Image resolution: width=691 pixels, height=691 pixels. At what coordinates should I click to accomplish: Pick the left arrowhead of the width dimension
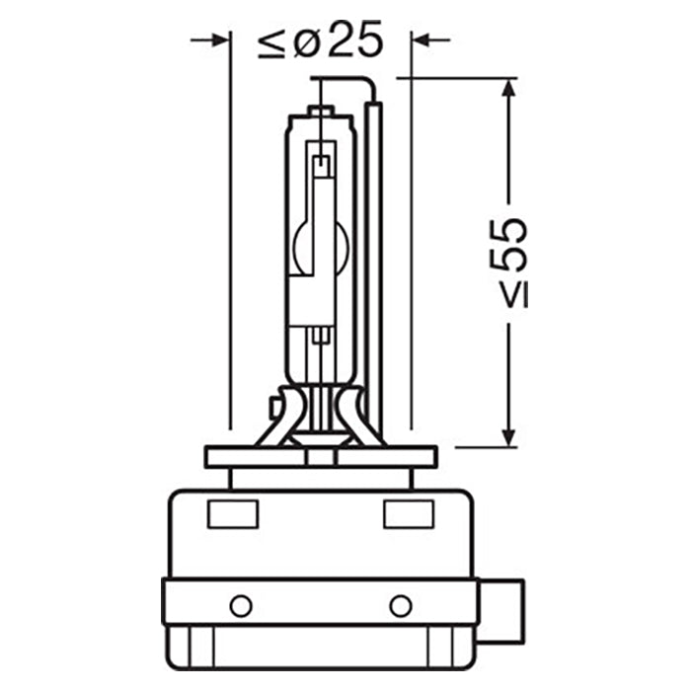[x=218, y=39]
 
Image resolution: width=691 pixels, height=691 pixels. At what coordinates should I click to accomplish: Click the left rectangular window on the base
[x=233, y=514]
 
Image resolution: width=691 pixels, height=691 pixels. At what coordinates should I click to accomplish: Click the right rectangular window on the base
[x=408, y=514]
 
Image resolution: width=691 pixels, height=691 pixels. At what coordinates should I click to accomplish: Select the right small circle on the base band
[x=400, y=605]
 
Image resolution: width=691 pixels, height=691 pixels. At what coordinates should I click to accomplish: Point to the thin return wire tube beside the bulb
[x=373, y=257]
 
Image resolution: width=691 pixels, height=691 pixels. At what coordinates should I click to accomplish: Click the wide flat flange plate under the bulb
[x=320, y=457]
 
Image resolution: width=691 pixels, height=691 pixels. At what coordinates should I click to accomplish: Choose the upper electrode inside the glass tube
[x=320, y=163]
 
